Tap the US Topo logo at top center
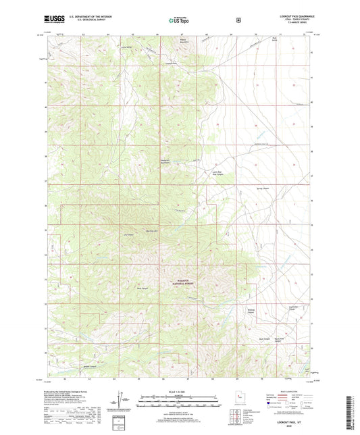coord(178,20)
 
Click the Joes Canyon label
coord(126,235)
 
